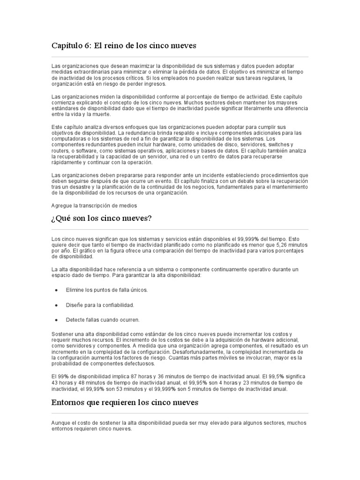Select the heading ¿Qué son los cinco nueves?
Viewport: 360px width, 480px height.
click(x=101, y=219)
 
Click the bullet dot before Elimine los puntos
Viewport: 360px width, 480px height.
click(x=56, y=290)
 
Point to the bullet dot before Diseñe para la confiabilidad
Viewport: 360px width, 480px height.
click(x=56, y=305)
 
